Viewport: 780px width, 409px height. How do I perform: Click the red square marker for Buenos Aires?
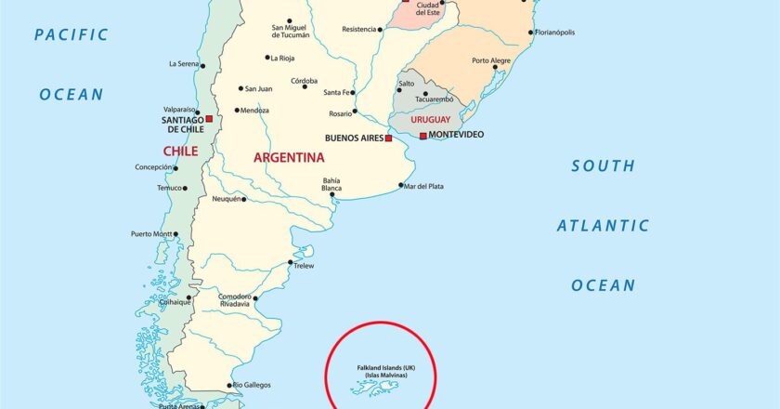pyautogui.click(x=389, y=139)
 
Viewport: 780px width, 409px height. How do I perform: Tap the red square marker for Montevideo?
pyautogui.click(x=423, y=136)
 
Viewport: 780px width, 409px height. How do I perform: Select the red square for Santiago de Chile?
pyautogui.click(x=210, y=119)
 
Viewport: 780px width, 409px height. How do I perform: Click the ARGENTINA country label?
pyautogui.click(x=289, y=158)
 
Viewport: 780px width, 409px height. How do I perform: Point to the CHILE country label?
pyautogui.click(x=180, y=151)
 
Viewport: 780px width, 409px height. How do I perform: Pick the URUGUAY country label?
pyautogui.click(x=430, y=120)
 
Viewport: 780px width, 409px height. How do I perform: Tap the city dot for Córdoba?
pyautogui.click(x=305, y=87)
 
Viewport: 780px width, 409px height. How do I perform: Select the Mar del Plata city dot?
pyautogui.click(x=400, y=186)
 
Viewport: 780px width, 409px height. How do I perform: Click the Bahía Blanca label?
pyautogui.click(x=331, y=184)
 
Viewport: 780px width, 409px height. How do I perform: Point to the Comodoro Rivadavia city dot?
pyautogui.click(x=253, y=300)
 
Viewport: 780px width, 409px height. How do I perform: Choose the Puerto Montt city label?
pyautogui.click(x=151, y=233)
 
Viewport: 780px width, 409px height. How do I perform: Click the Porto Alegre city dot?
pyautogui.click(x=495, y=67)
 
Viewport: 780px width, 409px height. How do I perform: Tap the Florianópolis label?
pyautogui.click(x=556, y=33)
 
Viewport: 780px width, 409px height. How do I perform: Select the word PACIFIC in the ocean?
pyautogui.click(x=71, y=35)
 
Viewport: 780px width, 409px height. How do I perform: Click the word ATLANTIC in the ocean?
pyautogui.click(x=603, y=226)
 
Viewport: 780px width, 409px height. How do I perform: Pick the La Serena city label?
pyautogui.click(x=185, y=64)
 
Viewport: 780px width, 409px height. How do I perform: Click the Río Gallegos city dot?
pyautogui.click(x=229, y=385)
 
